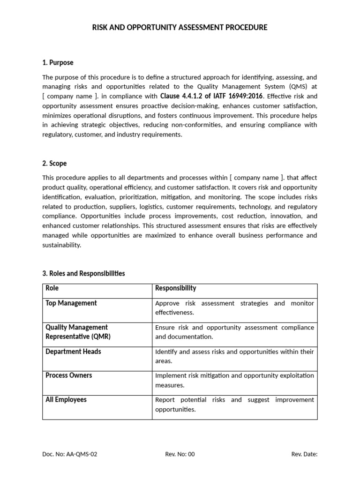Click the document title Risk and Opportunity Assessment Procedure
click(180, 28)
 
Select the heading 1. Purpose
click(58, 62)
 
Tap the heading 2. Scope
click(54, 163)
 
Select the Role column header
click(52, 288)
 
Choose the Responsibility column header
click(175, 288)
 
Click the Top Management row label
click(71, 303)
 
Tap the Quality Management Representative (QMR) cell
click(76, 332)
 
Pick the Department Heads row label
click(73, 352)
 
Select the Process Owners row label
click(68, 375)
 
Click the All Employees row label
click(66, 400)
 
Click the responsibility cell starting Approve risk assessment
click(234, 308)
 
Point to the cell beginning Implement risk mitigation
click(234, 380)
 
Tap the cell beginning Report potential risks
click(234, 405)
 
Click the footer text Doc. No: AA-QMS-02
click(70, 454)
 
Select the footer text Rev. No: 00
click(180, 454)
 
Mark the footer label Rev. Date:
click(304, 454)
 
